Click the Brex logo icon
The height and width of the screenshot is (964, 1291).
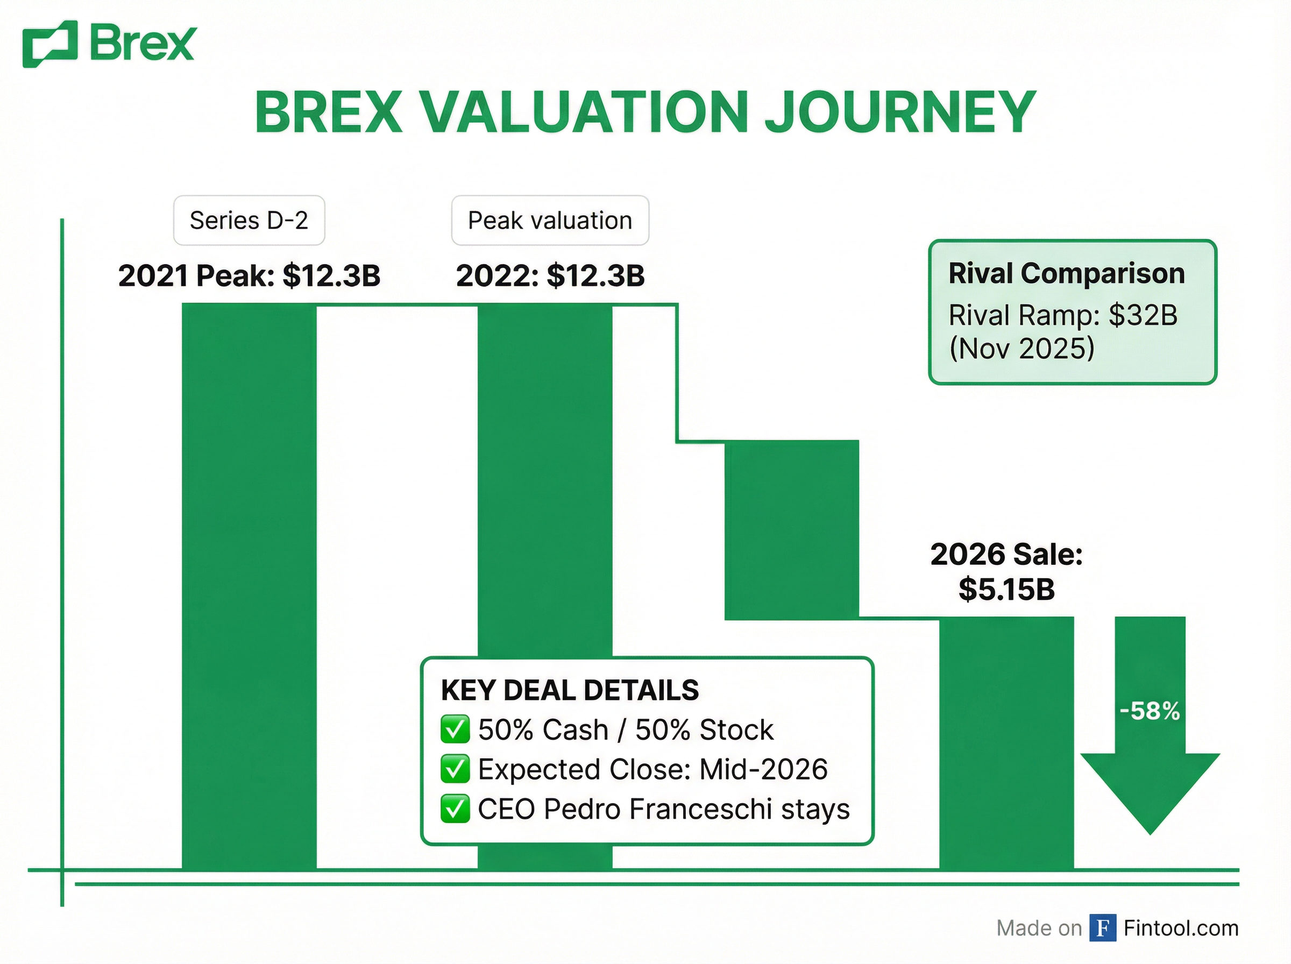point(50,44)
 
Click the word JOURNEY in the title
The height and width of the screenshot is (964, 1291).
point(899,112)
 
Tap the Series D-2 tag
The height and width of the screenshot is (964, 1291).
point(249,221)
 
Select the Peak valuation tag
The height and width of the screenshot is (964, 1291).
point(550,221)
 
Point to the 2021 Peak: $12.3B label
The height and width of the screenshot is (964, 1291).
point(249,275)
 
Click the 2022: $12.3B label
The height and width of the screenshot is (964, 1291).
point(550,275)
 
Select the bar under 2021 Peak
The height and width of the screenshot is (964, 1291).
point(249,584)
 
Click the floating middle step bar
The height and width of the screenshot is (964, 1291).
point(791,530)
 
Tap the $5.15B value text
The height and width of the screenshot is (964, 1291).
point(1006,590)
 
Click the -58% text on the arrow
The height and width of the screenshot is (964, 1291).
point(1149,711)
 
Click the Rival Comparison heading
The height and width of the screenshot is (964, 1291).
point(1066,273)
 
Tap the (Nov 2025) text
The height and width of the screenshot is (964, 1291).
point(1022,349)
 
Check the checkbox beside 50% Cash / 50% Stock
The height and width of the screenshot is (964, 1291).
point(455,729)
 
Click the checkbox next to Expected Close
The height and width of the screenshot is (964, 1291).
point(455,769)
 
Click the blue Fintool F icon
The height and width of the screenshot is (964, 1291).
point(1103,928)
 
